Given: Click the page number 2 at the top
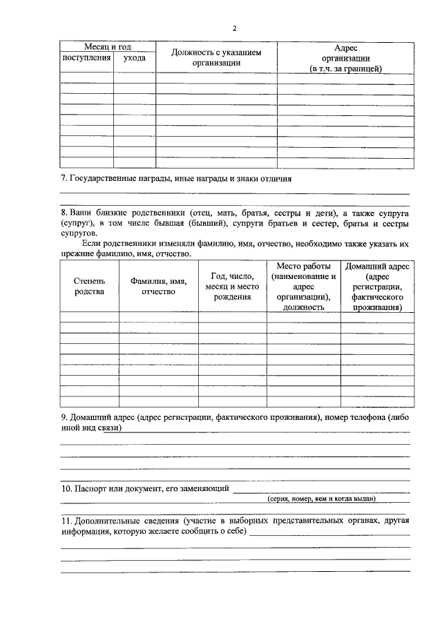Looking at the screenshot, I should click(x=234, y=28).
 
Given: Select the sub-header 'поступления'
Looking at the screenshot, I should click(x=87, y=58).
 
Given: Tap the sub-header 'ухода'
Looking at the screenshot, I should click(x=134, y=58).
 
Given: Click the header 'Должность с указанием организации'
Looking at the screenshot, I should click(x=216, y=57).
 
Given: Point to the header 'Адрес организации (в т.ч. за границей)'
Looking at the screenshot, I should click(x=345, y=58).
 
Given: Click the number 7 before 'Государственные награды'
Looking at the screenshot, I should click(x=64, y=179).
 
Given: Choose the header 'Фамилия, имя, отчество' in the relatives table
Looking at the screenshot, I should click(x=158, y=286).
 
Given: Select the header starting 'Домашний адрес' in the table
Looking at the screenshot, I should click(x=377, y=287).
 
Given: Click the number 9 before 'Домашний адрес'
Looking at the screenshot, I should click(x=64, y=418).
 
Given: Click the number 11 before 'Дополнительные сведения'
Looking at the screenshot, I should click(x=66, y=520).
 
